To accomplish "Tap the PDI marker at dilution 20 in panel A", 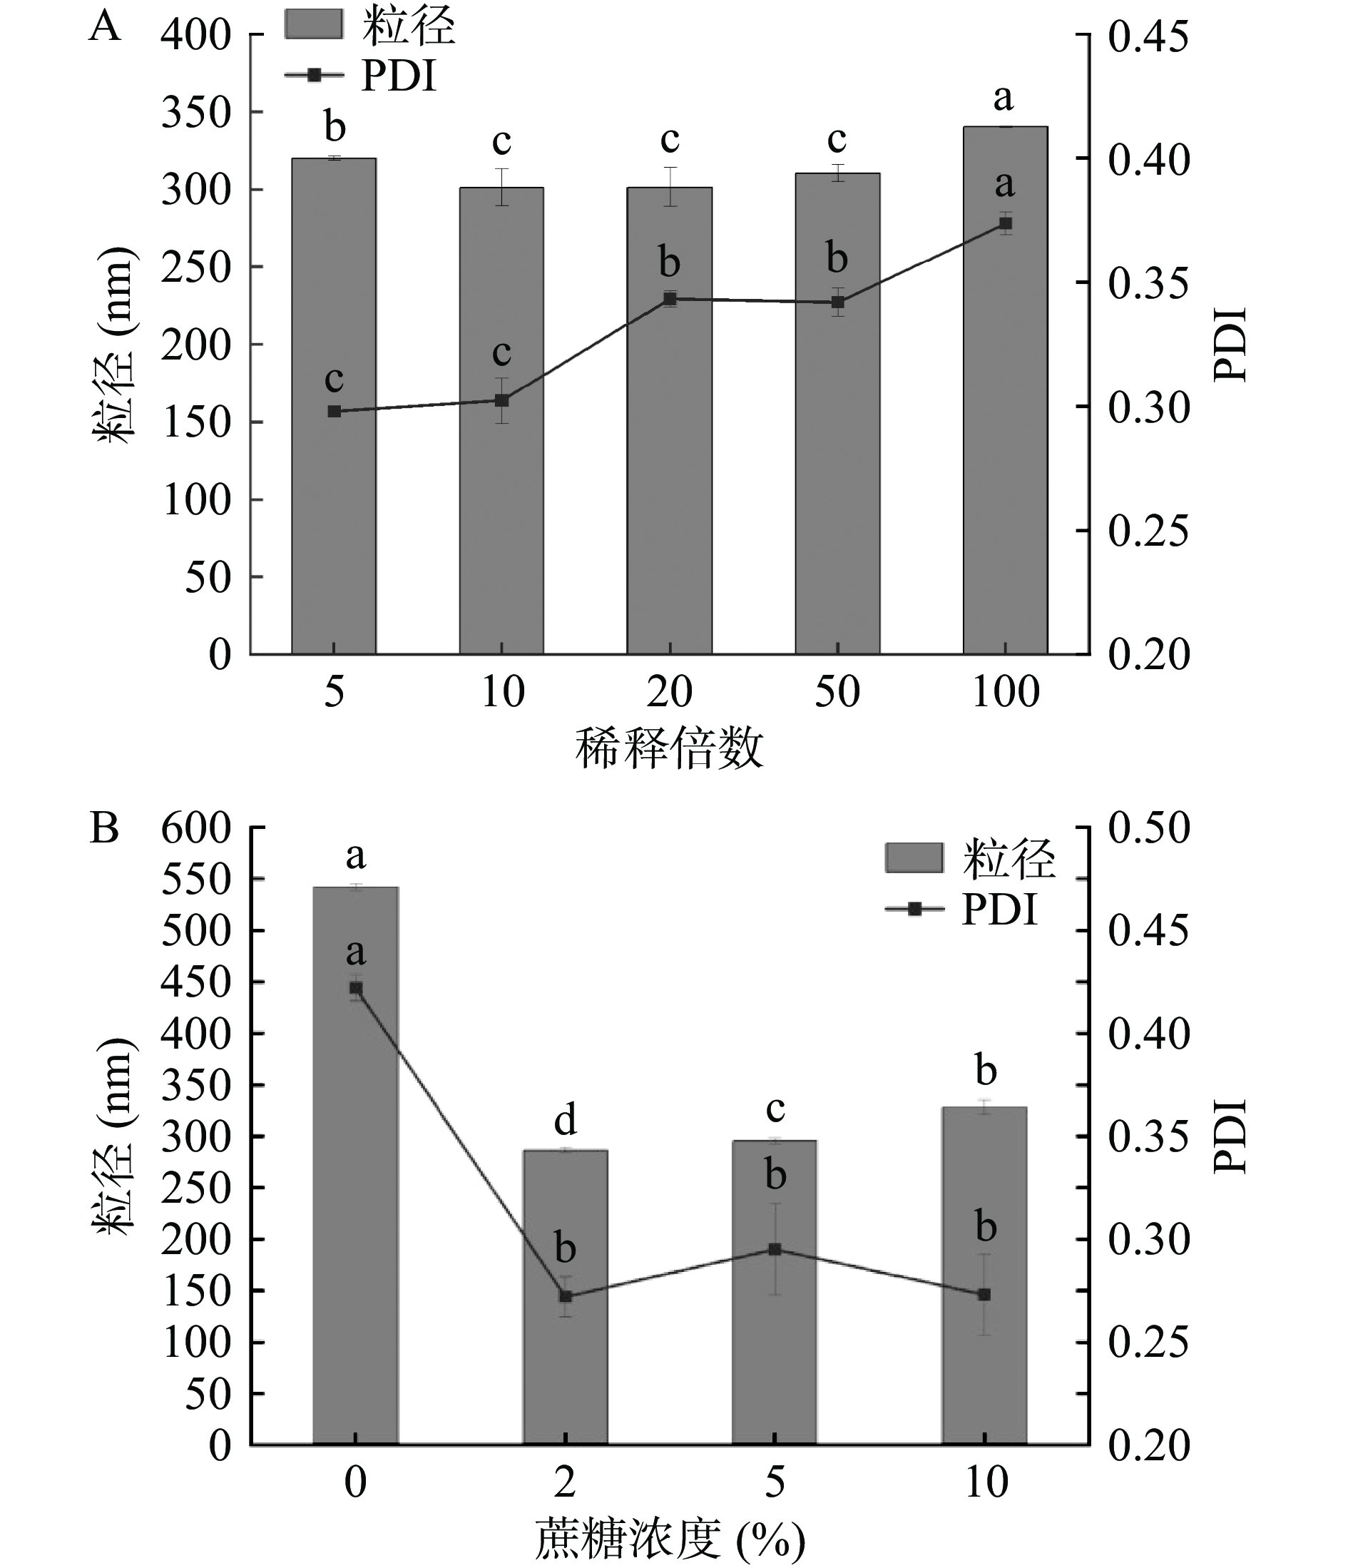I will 670,299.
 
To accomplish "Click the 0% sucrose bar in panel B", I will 355,1211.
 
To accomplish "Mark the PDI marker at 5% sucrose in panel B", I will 775,1249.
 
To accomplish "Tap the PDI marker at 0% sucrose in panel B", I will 355,988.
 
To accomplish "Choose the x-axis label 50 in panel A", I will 837,692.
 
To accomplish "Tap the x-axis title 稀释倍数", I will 669,748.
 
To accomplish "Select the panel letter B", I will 104,829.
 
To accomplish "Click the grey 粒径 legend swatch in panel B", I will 914,858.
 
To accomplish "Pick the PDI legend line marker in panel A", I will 314,75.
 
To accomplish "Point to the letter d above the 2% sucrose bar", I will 566,1119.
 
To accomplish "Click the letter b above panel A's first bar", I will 335,126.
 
